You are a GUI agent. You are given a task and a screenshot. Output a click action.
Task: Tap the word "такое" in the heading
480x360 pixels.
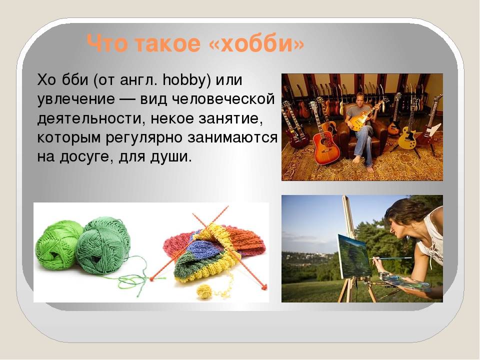(x=167, y=44)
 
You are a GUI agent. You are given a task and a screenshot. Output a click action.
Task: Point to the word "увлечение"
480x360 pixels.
(x=76, y=100)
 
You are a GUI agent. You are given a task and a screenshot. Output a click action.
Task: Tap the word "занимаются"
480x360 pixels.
(x=232, y=138)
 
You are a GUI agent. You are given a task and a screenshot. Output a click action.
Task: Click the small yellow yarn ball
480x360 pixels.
(x=204, y=290)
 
